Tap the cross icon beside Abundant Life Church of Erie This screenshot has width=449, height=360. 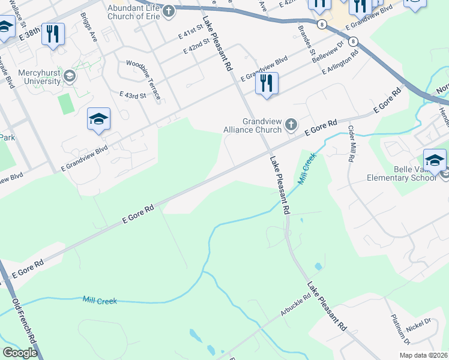point(169,10)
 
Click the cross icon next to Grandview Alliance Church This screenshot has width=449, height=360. point(291,125)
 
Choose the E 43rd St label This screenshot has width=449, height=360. point(133,95)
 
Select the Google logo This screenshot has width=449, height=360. point(20,353)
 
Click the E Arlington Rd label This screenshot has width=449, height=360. point(340,62)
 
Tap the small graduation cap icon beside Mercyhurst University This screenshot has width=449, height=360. point(70,76)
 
